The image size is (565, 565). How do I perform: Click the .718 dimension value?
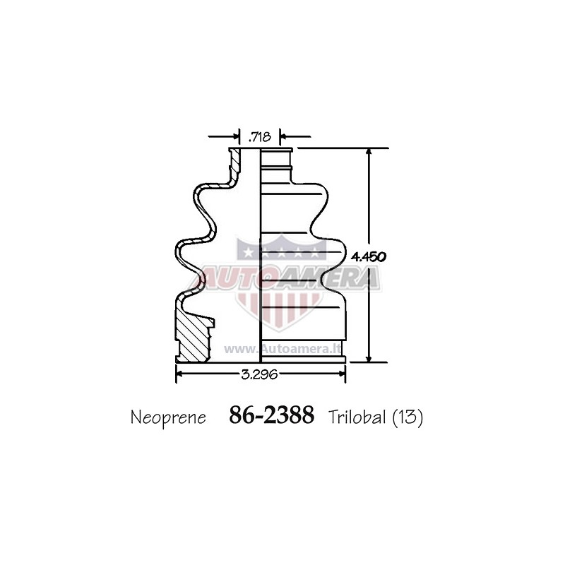(x=260, y=137)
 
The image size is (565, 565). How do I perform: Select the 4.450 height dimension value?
(x=369, y=256)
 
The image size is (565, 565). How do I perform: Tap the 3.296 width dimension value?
(x=259, y=374)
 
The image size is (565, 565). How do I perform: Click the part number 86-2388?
(x=271, y=415)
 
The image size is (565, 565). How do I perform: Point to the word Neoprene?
(x=168, y=418)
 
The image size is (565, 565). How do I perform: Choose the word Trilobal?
(x=357, y=417)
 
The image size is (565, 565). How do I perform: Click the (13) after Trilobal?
(x=408, y=417)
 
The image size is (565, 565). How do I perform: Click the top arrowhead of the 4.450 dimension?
(x=368, y=152)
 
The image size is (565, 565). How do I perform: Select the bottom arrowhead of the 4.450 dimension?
(x=368, y=358)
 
